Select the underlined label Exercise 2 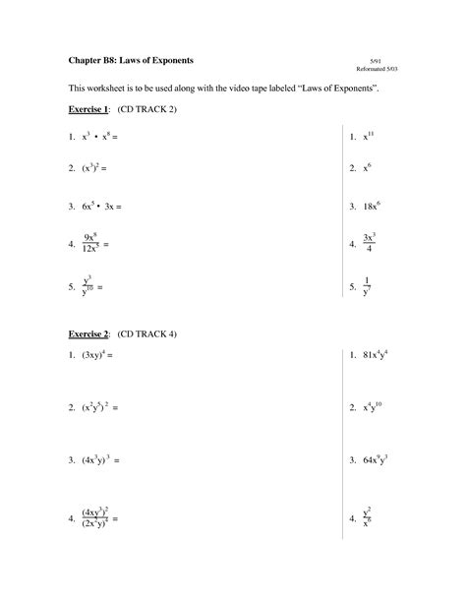(x=85, y=333)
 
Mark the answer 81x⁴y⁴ (x=381, y=354)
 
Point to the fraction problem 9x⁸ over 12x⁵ (x=95, y=243)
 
